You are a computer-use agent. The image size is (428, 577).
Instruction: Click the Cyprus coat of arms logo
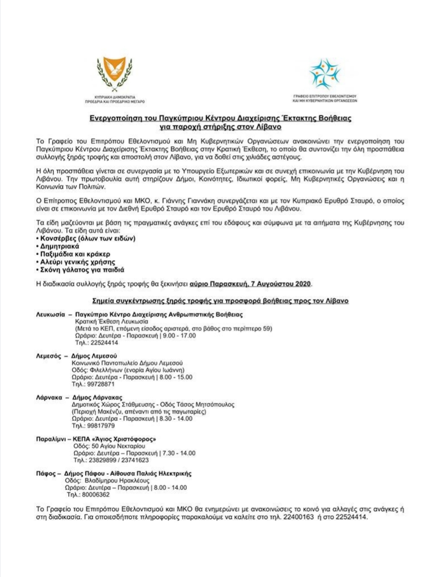pyautogui.click(x=114, y=72)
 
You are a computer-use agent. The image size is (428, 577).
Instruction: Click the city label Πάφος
pyautogui.click(x=45, y=473)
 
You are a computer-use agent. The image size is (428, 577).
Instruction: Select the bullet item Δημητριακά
pyautogui.click(x=59, y=246)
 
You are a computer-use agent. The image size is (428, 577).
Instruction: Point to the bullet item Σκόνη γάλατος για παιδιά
pyautogui.click(x=82, y=270)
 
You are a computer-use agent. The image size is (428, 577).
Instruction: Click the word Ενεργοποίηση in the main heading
pyautogui.click(x=114, y=118)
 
